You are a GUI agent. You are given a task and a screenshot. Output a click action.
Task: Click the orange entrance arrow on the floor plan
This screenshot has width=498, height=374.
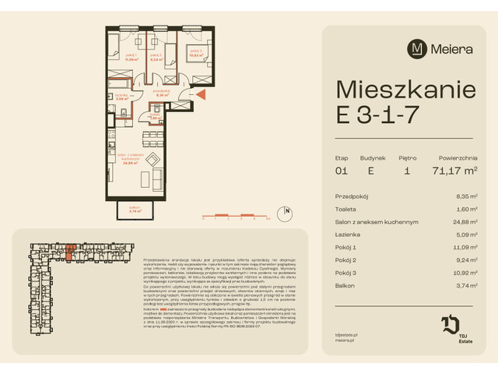200,95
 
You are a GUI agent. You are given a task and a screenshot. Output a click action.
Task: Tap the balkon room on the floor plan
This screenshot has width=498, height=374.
134,209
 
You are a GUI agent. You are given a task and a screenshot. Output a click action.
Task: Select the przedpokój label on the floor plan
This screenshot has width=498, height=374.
162,92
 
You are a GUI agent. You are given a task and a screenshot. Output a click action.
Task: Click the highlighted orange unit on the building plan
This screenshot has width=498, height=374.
71,250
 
